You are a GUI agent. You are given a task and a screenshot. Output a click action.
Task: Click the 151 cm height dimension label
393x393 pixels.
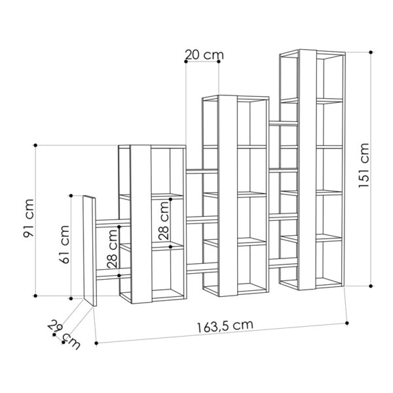pyautogui.click(x=364, y=165)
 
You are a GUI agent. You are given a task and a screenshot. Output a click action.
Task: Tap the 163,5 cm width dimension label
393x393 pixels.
pyautogui.click(x=225, y=326)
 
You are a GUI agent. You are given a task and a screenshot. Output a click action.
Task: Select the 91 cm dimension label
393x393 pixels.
pyautogui.click(x=28, y=218)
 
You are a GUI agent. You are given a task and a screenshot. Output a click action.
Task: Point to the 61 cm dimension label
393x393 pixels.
pyautogui.click(x=64, y=244)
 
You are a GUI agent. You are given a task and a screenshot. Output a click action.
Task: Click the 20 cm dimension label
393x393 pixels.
pyautogui.click(x=204, y=55)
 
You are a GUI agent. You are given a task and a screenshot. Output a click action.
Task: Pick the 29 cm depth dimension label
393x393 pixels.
pyautogui.click(x=64, y=334)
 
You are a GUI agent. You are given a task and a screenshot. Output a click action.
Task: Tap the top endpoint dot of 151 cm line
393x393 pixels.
pyautogui.click(x=371, y=52)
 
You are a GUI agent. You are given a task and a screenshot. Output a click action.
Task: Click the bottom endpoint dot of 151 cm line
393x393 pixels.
pyautogui.click(x=371, y=286)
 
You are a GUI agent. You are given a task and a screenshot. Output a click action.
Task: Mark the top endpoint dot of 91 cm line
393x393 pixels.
pyautogui.click(x=35, y=145)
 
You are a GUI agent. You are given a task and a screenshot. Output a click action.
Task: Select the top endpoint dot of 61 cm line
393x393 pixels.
pyautogui.click(x=71, y=195)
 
